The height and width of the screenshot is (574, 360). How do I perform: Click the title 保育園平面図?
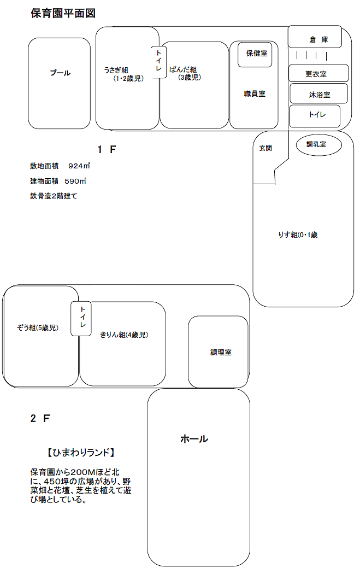[x=63, y=14]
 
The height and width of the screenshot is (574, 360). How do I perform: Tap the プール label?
[x=61, y=73]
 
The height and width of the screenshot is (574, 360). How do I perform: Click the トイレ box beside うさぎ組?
[x=159, y=62]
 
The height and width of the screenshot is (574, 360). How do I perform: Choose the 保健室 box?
[x=255, y=55]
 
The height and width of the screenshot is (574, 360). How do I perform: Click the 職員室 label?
[x=255, y=93]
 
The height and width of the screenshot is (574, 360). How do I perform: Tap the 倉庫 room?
[x=315, y=37]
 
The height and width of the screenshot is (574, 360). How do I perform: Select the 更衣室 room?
[x=318, y=73]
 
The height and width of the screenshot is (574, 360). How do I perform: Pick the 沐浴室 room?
[x=318, y=93]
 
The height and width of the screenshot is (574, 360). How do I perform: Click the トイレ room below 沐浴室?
[x=315, y=116]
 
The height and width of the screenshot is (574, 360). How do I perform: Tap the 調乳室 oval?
[x=318, y=145]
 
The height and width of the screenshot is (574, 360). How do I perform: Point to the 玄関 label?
[x=265, y=148]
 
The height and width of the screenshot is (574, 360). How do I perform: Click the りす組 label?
[x=298, y=235]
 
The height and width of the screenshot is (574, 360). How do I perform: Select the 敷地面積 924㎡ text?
[x=60, y=166]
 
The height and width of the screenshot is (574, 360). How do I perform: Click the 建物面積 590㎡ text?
[x=58, y=181]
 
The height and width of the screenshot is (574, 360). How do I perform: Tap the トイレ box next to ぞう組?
[x=81, y=319]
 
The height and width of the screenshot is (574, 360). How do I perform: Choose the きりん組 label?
[x=124, y=335]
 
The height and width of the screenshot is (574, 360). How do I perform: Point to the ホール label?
[x=194, y=439]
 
